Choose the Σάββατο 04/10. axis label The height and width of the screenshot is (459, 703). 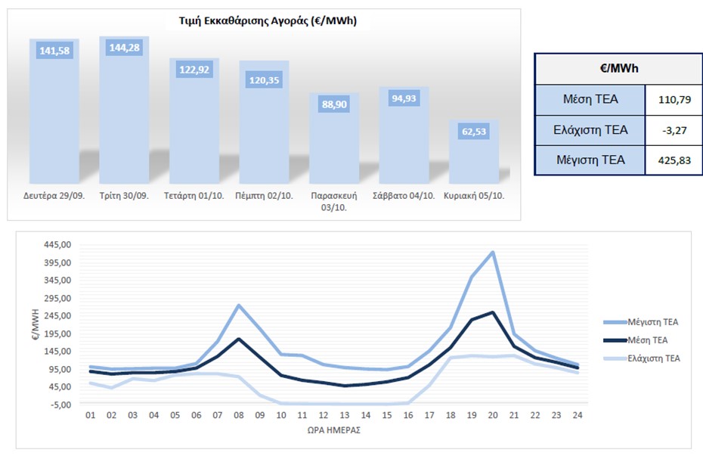pos(404,195)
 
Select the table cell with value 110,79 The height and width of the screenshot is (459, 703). pos(671,99)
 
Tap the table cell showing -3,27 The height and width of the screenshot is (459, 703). pos(671,129)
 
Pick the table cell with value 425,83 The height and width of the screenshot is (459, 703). pos(671,160)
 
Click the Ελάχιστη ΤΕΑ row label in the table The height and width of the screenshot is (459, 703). pos(590,129)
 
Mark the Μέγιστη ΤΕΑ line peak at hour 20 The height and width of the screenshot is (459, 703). pos(493,252)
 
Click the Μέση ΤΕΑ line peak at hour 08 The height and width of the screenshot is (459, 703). pos(239,338)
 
